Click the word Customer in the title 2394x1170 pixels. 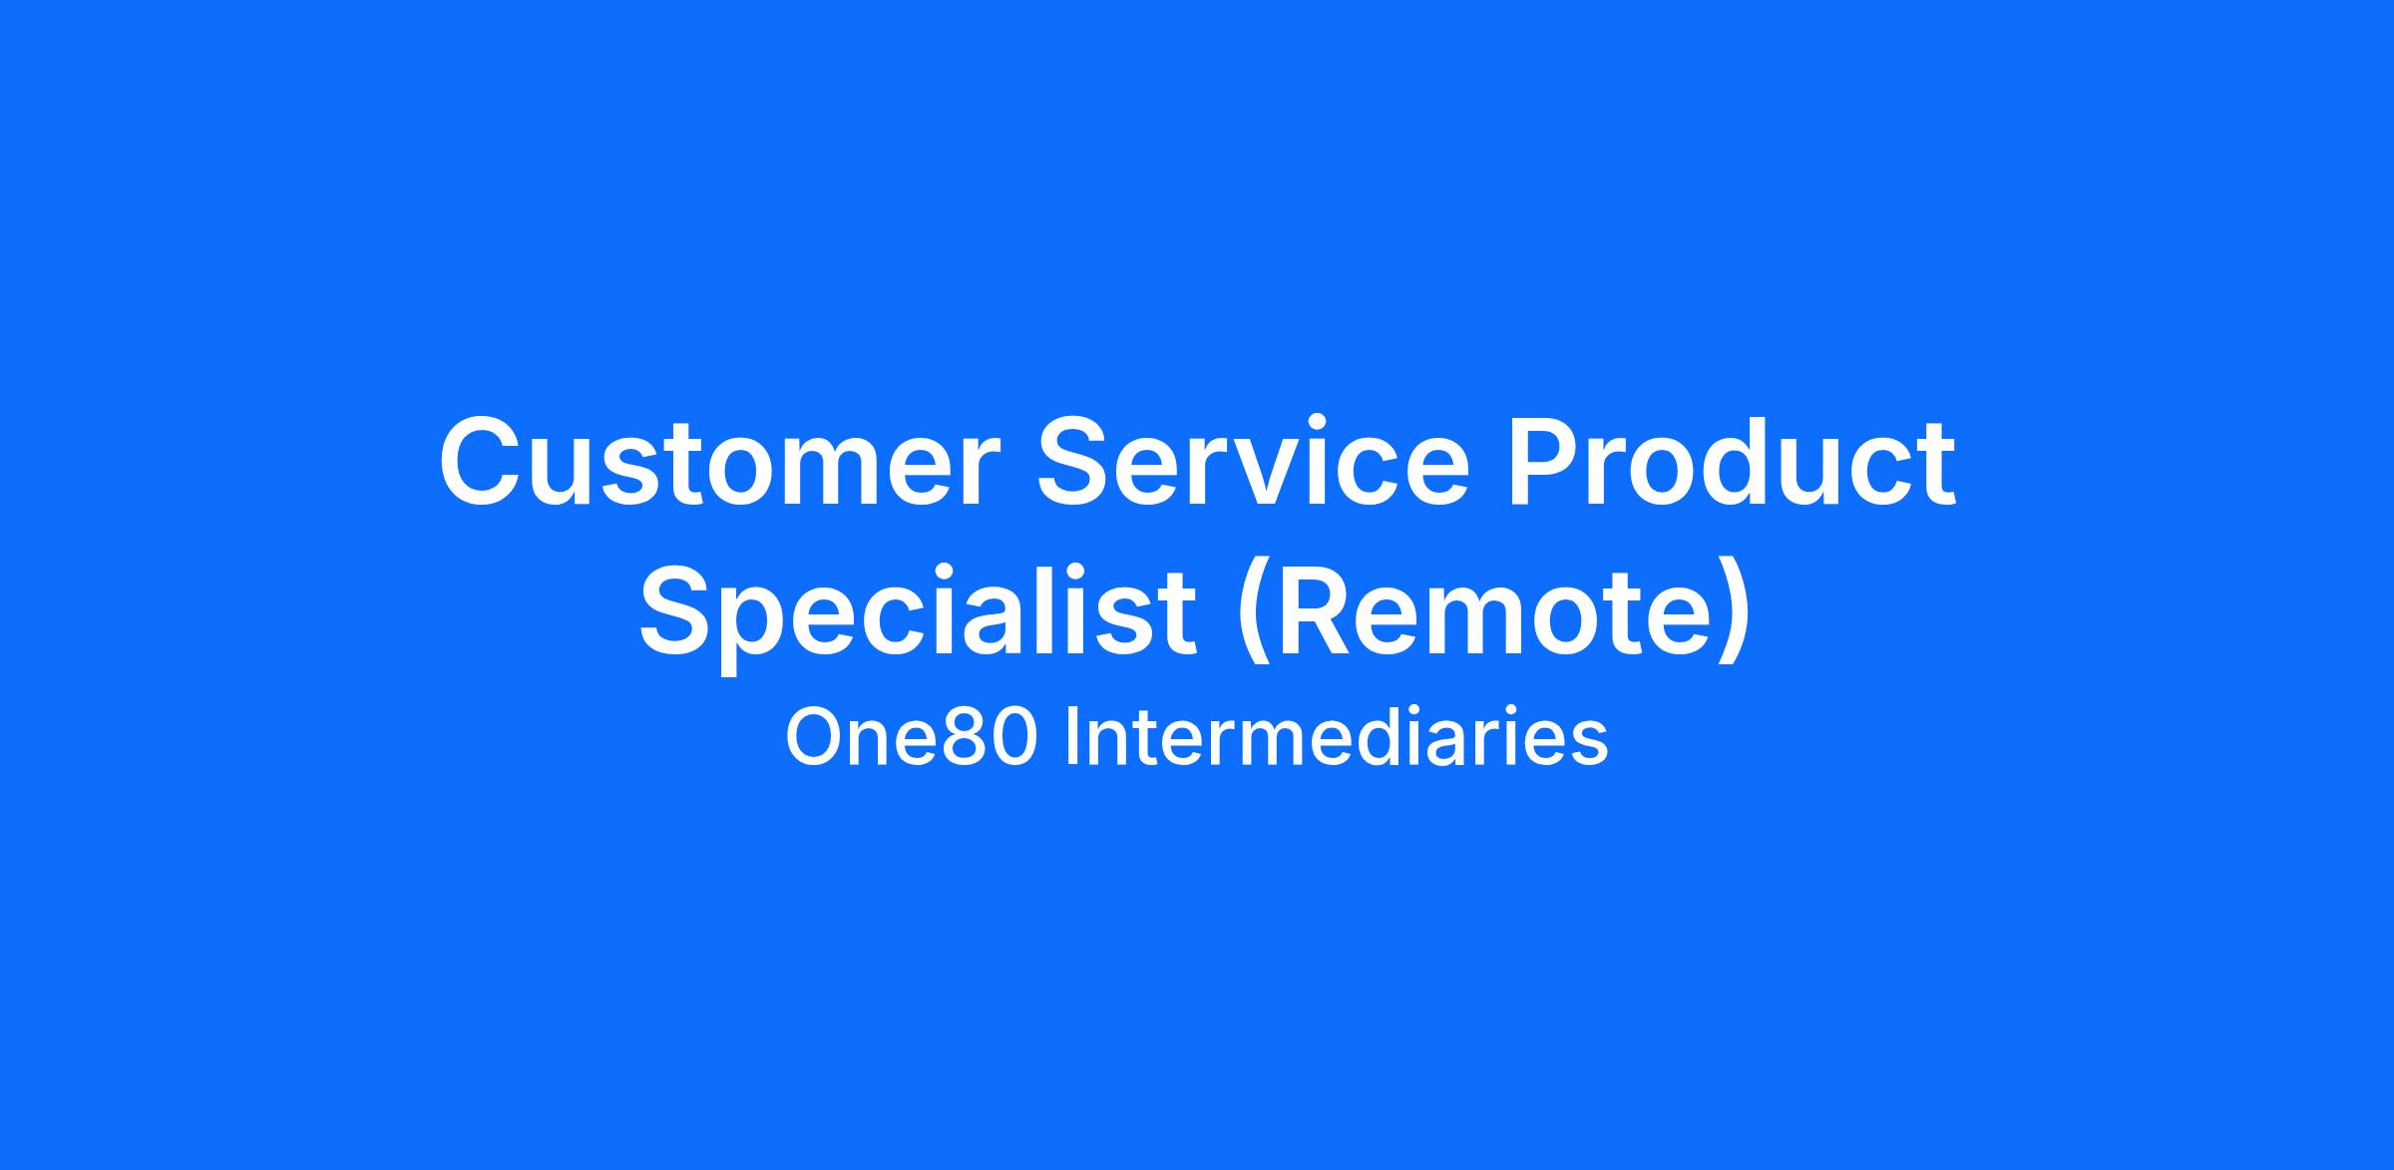coord(719,462)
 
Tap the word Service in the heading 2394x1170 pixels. coord(1254,462)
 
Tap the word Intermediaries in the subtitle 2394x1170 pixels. coord(1337,738)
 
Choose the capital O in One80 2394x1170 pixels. coord(813,738)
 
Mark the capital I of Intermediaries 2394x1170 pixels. coord(1071,738)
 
